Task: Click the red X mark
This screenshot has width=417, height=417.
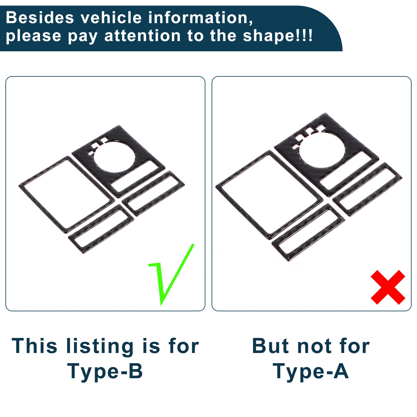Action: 388,287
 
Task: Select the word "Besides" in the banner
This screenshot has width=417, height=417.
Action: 40,18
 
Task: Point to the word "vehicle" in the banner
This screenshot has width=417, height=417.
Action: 111,18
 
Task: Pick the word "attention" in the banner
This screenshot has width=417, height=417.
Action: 142,36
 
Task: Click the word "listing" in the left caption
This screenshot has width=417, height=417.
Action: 100,346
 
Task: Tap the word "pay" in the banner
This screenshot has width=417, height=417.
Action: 83,37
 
